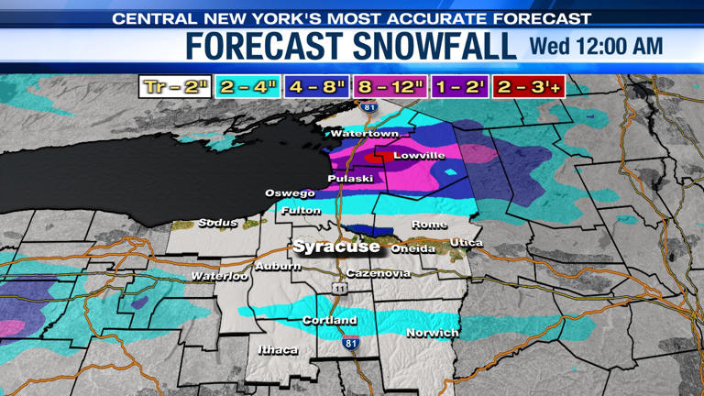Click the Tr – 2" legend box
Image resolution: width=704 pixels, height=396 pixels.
click(x=175, y=87)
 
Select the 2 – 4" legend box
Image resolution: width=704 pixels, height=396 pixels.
click(x=247, y=87)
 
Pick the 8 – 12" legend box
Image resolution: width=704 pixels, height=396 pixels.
click(x=390, y=87)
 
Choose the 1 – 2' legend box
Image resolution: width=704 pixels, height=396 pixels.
click(x=459, y=87)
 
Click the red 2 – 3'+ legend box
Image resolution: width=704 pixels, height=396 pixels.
click(x=528, y=87)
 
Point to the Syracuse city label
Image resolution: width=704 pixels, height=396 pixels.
click(x=335, y=247)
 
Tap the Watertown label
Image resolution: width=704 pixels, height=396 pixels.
click(x=364, y=134)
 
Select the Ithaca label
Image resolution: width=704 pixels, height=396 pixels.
click(x=278, y=350)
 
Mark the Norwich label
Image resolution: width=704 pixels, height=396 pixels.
click(x=432, y=333)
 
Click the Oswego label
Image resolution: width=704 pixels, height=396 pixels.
click(x=290, y=193)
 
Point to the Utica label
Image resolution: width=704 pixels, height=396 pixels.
click(x=466, y=242)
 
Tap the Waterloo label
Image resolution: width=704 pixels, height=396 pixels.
click(x=219, y=276)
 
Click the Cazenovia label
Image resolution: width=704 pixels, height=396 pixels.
click(x=379, y=273)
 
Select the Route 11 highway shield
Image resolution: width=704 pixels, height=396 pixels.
click(x=340, y=288)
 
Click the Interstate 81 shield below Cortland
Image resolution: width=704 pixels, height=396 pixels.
click(x=350, y=342)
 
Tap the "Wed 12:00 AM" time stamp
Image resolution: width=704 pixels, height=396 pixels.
click(x=596, y=46)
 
